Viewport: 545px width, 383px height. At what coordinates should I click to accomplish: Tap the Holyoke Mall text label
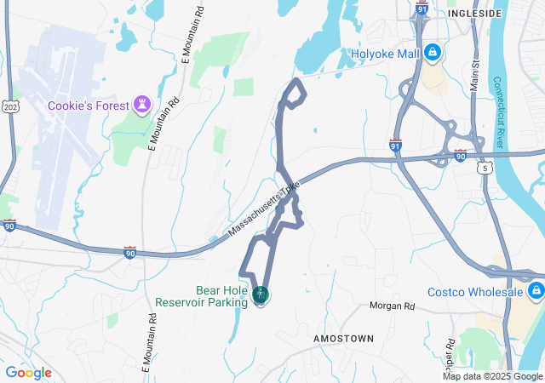click(x=386, y=54)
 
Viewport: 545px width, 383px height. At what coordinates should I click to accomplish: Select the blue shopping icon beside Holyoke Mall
click(x=433, y=54)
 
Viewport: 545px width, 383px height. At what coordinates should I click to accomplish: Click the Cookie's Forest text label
click(x=87, y=106)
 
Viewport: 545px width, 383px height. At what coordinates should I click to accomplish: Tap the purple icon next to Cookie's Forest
click(x=142, y=105)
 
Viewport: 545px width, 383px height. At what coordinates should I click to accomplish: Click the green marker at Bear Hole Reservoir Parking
click(x=261, y=296)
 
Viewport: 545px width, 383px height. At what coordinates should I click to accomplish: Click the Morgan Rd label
click(x=392, y=306)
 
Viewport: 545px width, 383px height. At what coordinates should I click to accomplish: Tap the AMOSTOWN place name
click(x=343, y=339)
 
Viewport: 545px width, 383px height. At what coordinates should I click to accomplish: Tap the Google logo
click(x=28, y=373)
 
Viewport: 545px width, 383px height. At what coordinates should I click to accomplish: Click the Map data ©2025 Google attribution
click(x=492, y=376)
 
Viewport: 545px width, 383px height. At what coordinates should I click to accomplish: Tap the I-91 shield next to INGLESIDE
click(x=422, y=8)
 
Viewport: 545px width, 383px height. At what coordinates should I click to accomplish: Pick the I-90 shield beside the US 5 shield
click(x=460, y=155)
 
